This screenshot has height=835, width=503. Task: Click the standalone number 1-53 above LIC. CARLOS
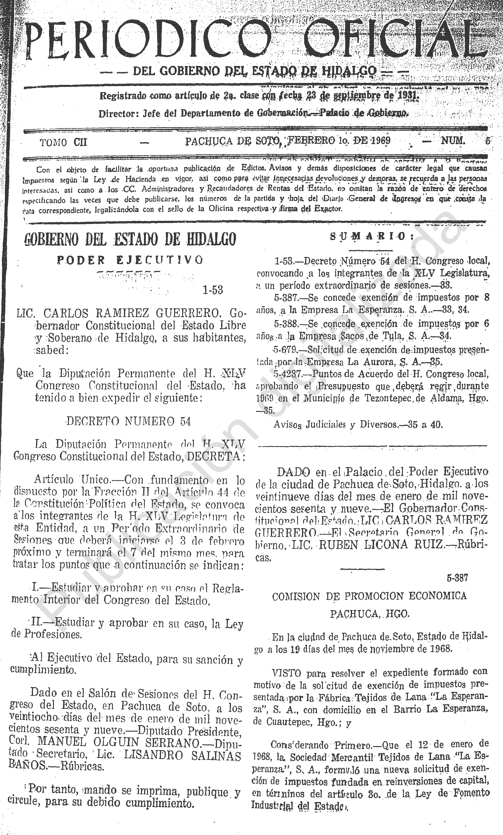pyautogui.click(x=213, y=290)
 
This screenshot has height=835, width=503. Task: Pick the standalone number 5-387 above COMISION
pyautogui.click(x=458, y=578)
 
